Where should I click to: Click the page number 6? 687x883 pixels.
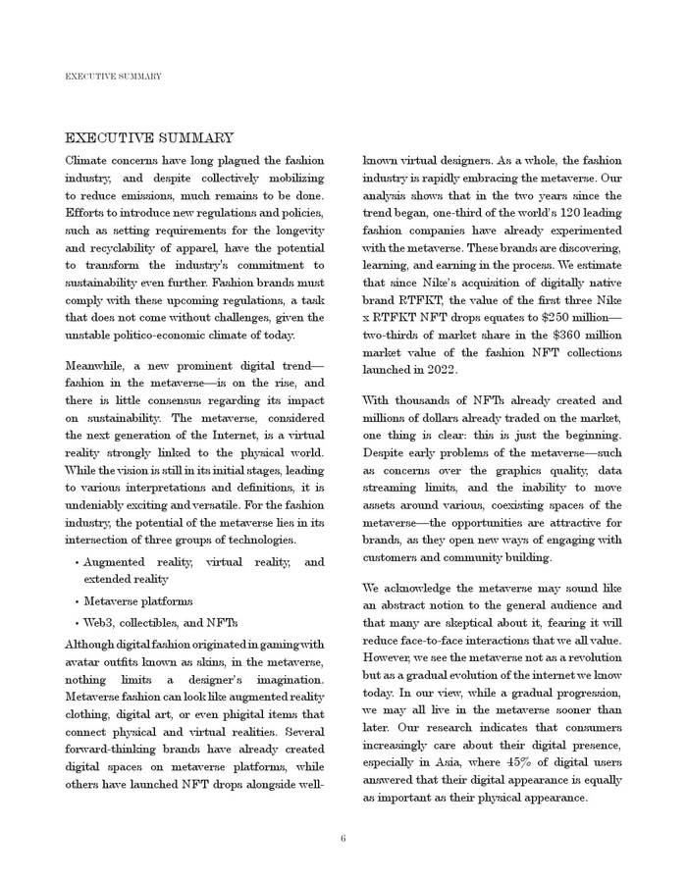tap(343, 838)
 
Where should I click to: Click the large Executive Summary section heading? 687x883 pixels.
tap(149, 138)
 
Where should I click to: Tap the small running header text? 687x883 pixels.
tap(113, 76)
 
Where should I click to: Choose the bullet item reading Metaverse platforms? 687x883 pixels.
tap(138, 601)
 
